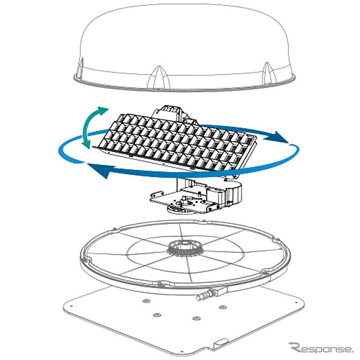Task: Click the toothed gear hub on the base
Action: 186,249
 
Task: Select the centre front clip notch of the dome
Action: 159,78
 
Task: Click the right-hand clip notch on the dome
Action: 269,73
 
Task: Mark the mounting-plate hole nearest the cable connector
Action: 223,307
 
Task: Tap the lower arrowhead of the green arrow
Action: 86,144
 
